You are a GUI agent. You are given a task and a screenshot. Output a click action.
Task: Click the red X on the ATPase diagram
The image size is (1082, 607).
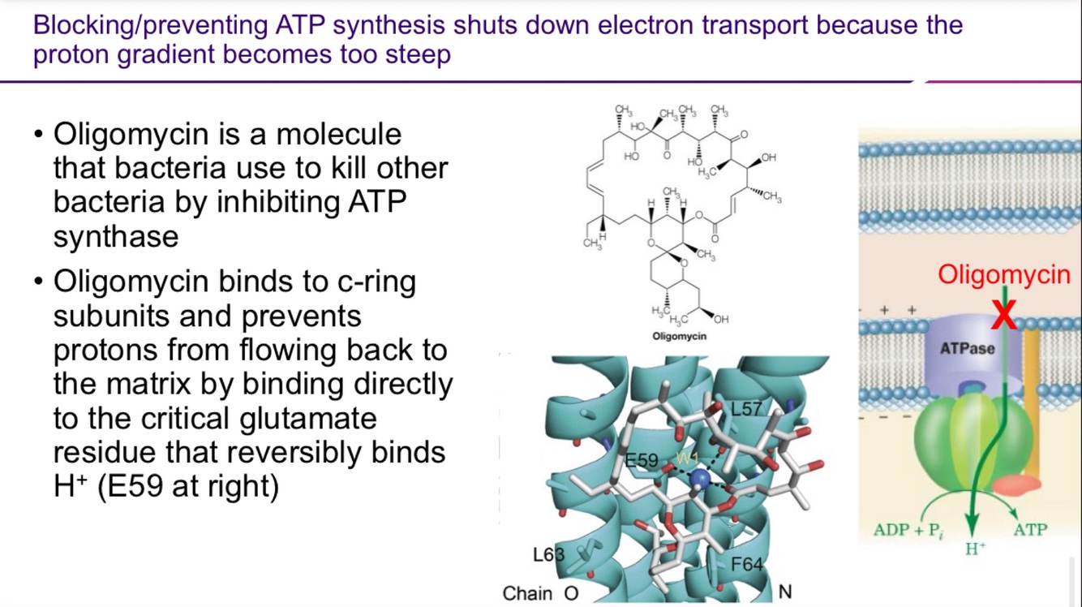(1004, 314)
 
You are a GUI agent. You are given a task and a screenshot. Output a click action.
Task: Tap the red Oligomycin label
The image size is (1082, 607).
(1004, 275)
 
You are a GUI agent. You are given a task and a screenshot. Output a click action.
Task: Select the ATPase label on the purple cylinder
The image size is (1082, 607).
(967, 350)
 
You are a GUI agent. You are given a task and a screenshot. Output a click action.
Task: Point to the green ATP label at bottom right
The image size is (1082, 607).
(1031, 530)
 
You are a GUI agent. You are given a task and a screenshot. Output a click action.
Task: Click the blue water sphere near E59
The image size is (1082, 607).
(698, 481)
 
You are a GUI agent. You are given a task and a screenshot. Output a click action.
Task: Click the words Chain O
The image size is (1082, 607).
(540, 593)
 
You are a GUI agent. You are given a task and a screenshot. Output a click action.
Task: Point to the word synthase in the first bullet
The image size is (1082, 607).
(116, 237)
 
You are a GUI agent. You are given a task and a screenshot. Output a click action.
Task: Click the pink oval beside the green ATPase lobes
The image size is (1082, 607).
(1016, 486)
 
